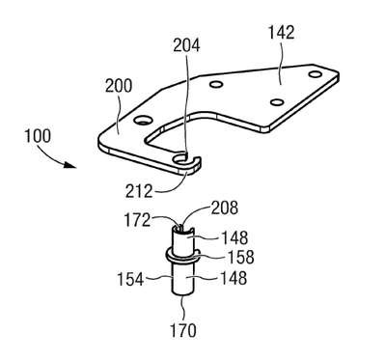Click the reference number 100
38,136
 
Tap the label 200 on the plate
119,86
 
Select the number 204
186,45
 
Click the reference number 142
281,33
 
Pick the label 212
139,191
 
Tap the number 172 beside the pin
137,220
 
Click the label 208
225,208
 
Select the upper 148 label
234,238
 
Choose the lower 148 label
234,278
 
